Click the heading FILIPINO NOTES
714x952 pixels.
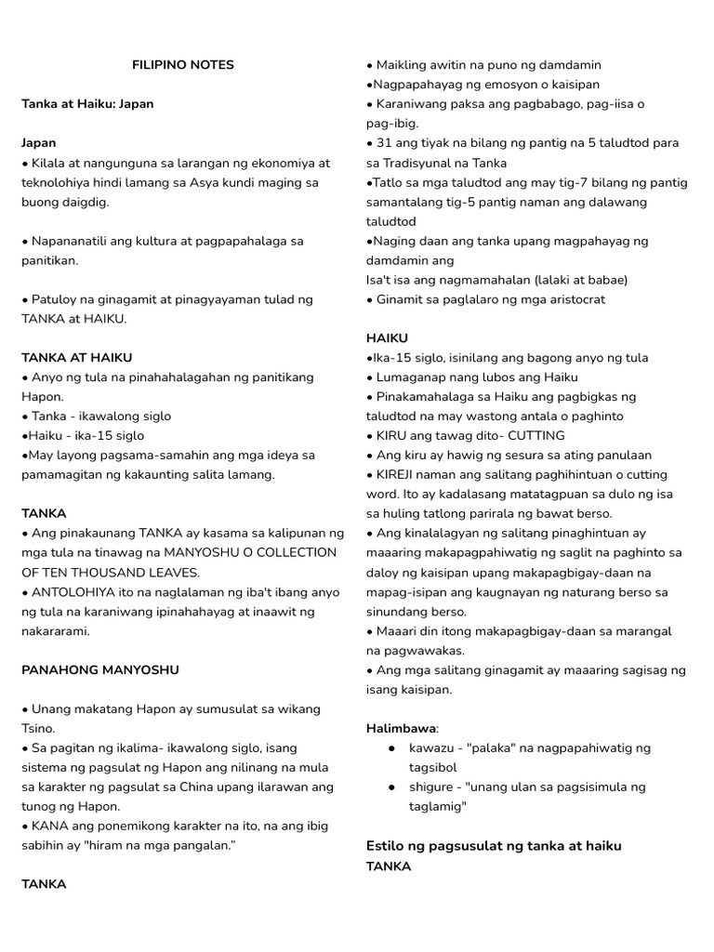point(183,65)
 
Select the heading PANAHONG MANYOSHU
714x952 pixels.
point(99,669)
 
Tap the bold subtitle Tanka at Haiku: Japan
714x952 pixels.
point(87,104)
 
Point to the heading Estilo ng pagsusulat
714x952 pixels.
point(494,845)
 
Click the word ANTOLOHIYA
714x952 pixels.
point(73,591)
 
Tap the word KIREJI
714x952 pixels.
point(402,474)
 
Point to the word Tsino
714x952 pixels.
point(39,728)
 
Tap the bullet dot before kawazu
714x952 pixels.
point(392,747)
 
